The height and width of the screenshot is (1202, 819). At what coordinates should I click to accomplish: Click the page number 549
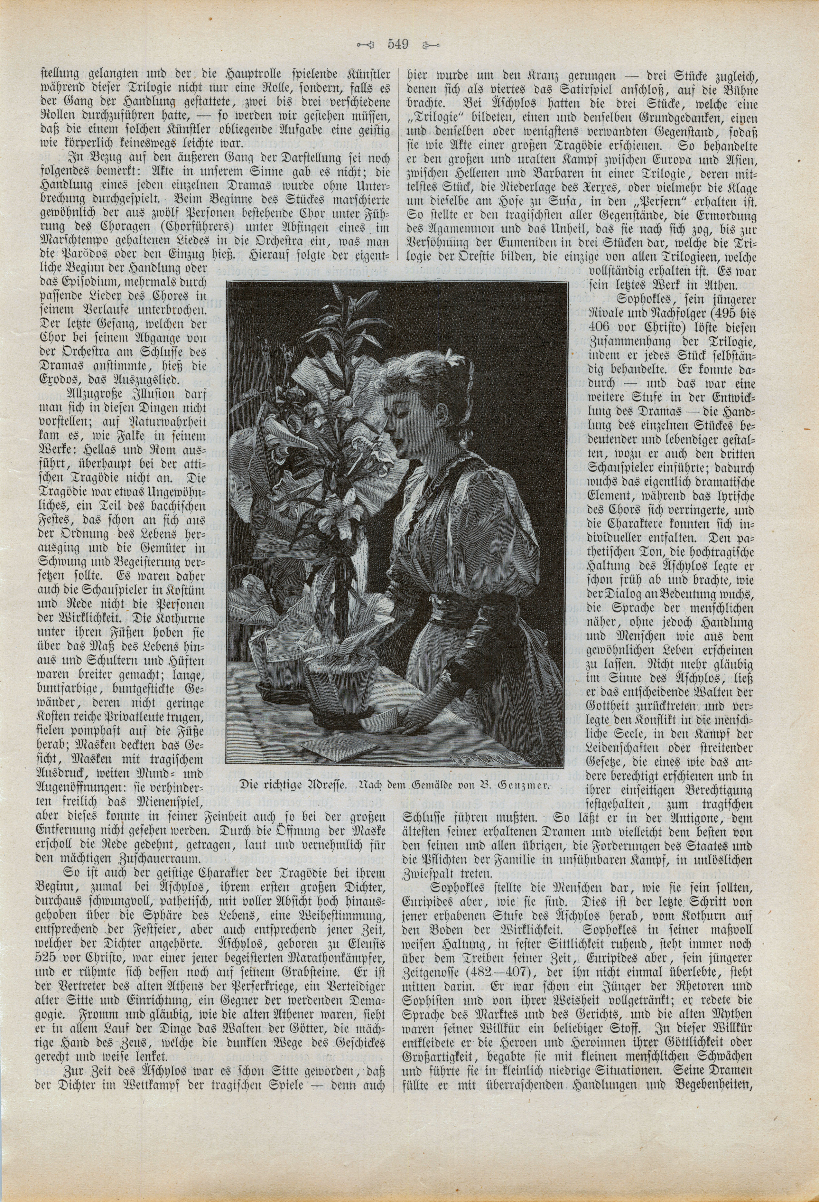(x=398, y=44)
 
